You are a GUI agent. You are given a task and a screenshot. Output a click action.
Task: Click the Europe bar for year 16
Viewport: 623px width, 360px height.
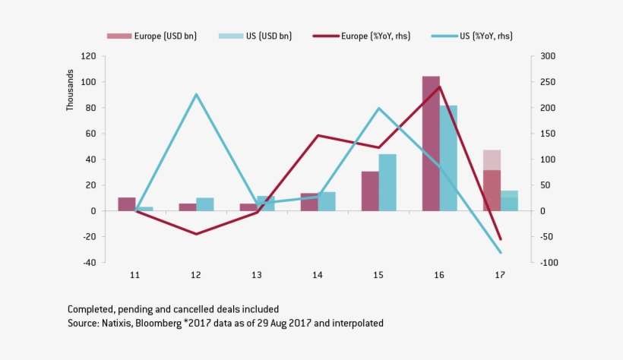point(431,144)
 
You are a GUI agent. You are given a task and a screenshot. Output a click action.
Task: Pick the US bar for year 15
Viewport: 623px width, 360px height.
point(387,182)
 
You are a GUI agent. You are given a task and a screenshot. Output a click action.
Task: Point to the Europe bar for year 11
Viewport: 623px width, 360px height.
point(127,204)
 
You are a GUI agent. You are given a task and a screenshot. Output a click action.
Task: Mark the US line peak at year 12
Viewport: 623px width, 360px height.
point(196,94)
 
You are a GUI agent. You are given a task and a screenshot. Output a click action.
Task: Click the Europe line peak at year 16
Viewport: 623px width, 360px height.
point(439,87)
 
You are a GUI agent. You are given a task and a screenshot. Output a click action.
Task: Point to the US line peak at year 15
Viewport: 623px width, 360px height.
point(379,108)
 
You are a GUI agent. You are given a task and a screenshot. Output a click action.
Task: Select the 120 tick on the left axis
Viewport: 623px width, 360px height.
point(88,56)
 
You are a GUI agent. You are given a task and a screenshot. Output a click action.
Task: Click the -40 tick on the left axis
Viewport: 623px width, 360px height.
point(88,262)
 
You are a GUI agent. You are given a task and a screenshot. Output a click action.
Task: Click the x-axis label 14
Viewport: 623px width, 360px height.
point(318,275)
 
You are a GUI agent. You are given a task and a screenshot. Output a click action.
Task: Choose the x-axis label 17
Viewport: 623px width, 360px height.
point(500,275)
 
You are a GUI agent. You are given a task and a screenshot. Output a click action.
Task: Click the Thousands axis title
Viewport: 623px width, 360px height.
point(70,91)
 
